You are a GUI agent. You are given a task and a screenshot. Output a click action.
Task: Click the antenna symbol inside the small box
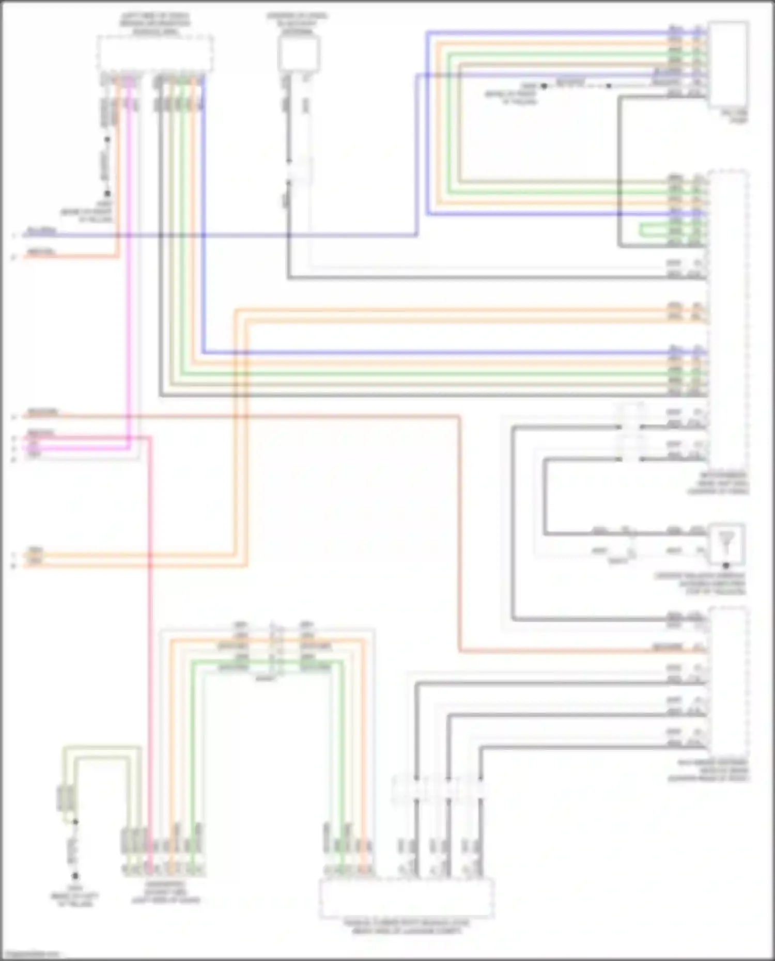coord(726,542)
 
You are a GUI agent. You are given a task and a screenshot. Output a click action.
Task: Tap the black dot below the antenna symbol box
coord(726,565)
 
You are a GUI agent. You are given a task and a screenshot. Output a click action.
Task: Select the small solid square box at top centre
coord(299,53)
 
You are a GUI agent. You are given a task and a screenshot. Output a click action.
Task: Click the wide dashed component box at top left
coord(155,53)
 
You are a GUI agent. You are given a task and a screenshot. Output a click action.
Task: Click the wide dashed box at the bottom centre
coord(406,898)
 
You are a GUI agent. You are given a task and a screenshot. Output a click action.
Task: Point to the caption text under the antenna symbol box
coord(700,584)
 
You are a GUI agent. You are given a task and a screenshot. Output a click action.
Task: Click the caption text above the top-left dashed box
coord(154,24)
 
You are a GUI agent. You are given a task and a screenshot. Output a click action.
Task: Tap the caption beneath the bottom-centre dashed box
coord(406,926)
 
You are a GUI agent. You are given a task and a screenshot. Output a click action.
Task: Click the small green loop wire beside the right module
coord(667,230)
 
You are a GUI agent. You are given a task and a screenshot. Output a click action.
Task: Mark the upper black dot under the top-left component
coord(107,139)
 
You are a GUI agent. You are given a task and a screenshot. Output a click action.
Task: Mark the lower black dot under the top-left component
coord(107,194)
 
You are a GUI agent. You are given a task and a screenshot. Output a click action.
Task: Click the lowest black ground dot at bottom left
coord(75,876)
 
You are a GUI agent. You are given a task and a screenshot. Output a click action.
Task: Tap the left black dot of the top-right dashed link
coord(544,86)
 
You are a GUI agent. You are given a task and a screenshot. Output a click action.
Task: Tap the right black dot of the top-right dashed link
coord(609,86)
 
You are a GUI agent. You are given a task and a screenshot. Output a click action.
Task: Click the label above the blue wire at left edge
coord(41,231)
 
